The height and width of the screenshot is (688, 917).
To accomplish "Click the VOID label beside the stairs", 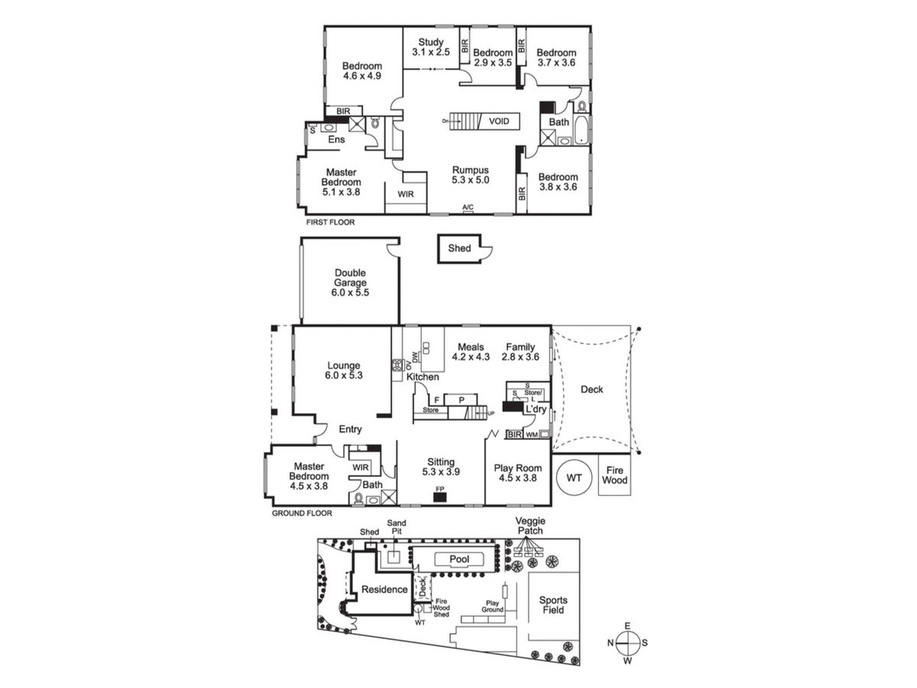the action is [x=499, y=121].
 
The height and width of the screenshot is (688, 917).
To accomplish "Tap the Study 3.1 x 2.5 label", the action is [x=431, y=47].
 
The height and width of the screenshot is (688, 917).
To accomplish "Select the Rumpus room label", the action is [x=471, y=175].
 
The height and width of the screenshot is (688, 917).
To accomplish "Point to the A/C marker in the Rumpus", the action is [x=468, y=207].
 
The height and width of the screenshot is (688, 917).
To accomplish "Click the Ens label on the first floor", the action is [x=336, y=140].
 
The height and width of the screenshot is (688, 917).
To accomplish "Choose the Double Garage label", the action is [x=350, y=282].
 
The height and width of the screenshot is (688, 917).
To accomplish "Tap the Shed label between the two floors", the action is [x=459, y=248].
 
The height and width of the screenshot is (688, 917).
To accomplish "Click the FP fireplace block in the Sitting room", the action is [x=439, y=497].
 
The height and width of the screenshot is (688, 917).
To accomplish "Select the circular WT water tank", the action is [x=574, y=478].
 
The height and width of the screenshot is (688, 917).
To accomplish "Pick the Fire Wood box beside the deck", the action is [x=614, y=475].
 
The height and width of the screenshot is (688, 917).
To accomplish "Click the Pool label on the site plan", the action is [x=459, y=559].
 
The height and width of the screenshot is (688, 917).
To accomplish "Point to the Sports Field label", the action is [x=553, y=605].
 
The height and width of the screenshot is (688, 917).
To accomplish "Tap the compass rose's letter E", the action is [x=627, y=625].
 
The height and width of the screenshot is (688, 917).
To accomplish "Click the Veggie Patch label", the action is [x=530, y=525].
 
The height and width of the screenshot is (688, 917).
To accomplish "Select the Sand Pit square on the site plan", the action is [x=394, y=557].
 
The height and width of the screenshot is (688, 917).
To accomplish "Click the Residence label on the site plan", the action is [x=384, y=589].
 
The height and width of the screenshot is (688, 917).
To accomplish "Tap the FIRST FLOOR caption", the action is [x=330, y=222].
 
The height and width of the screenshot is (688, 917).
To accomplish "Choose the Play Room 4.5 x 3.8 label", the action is [x=517, y=473].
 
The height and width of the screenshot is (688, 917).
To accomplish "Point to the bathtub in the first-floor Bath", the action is [x=581, y=130].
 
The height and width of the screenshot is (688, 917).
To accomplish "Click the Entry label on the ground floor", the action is [x=350, y=429].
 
